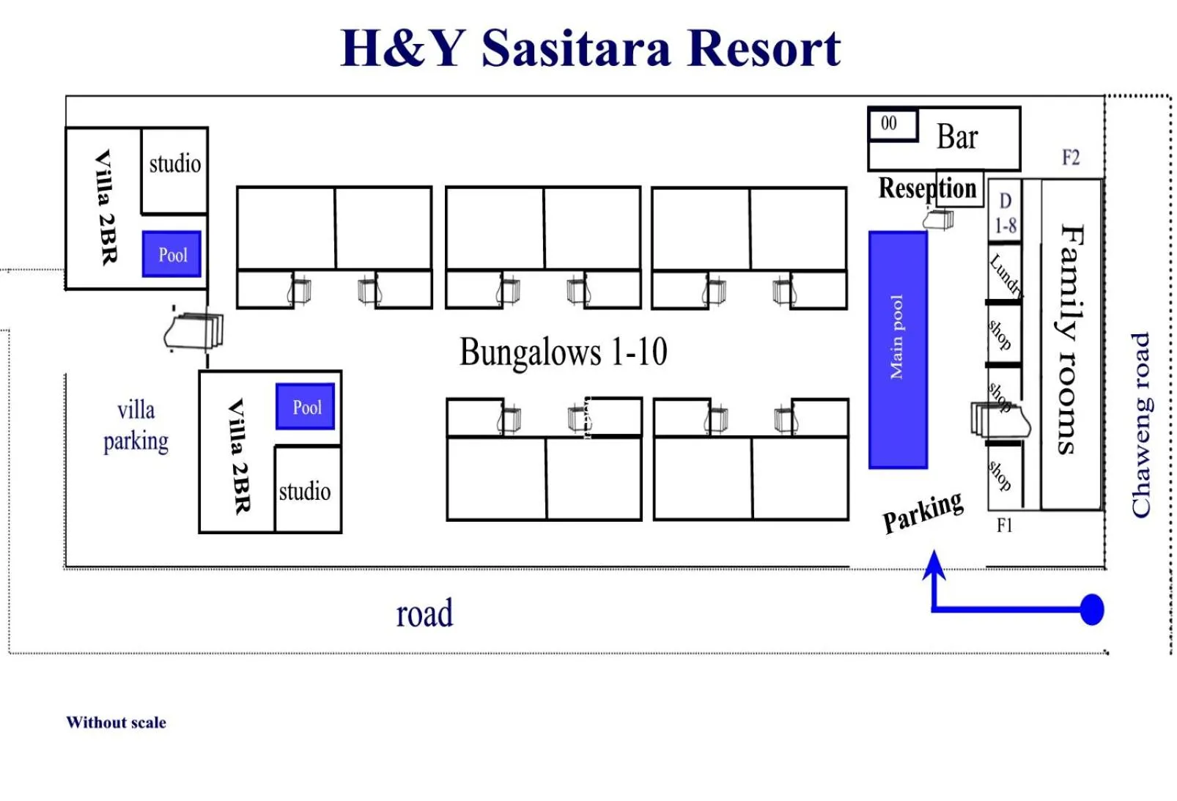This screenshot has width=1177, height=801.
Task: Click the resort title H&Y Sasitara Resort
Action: point(591,48)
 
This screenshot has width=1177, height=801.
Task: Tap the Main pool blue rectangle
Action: point(897,350)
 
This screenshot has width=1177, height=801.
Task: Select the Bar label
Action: point(957,137)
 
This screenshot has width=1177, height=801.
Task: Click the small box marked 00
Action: point(890,124)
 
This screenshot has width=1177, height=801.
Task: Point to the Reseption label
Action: point(927,188)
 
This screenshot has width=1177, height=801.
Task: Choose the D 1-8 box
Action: point(1005,213)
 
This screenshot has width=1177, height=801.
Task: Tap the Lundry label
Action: point(1005,273)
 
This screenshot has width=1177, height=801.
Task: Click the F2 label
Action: point(1070,158)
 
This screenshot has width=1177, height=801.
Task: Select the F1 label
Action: point(1004,525)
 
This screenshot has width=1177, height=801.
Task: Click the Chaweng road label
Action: point(1140,425)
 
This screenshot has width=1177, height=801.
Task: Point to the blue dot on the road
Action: point(1091,609)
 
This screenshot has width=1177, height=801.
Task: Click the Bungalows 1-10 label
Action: point(563,352)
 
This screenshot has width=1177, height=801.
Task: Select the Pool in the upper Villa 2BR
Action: point(172,254)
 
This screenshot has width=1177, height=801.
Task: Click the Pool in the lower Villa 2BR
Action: point(306,407)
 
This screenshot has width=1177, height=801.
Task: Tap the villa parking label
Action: point(136,426)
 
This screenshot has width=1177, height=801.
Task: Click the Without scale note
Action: point(116,723)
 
